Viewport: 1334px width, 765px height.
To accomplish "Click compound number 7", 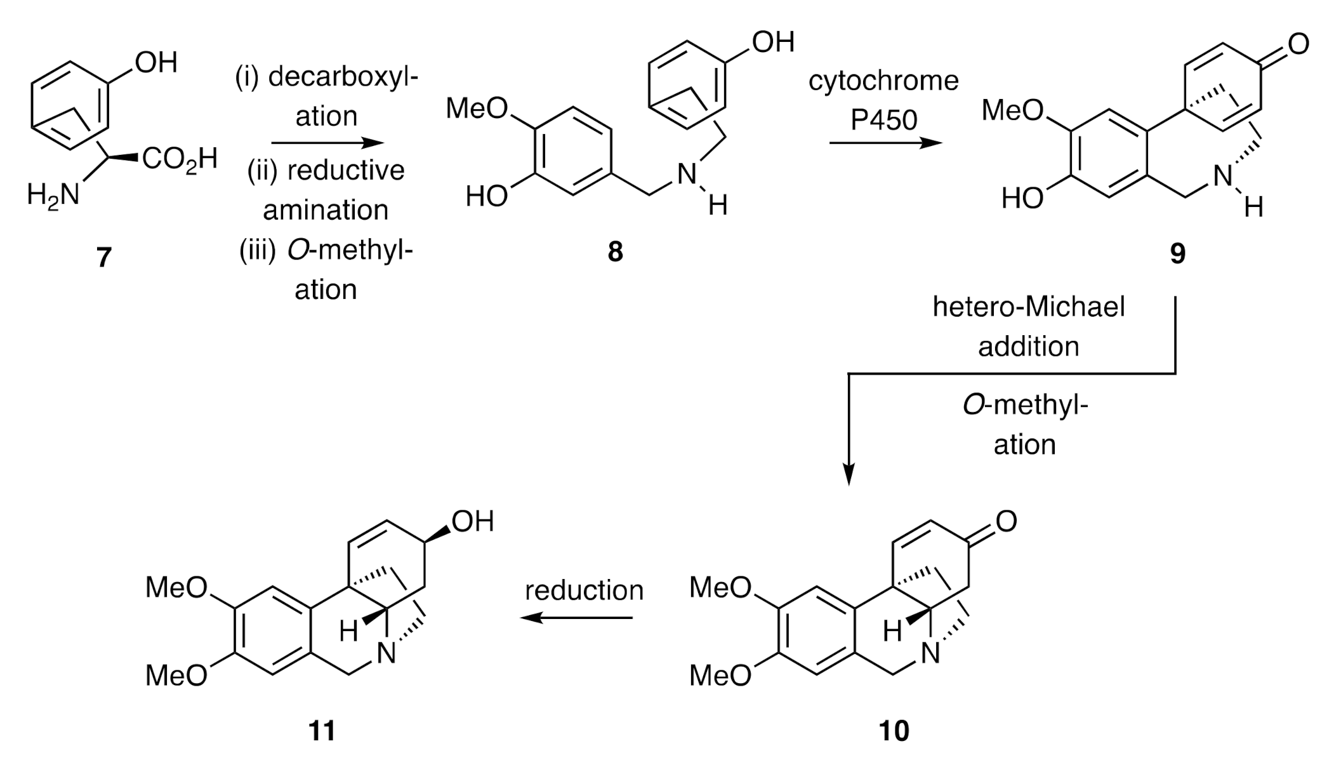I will click(103, 257).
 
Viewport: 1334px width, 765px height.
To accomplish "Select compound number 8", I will click(615, 252).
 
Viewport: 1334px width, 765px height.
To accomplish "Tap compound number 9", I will click(1177, 253).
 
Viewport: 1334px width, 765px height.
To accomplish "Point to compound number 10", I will click(894, 731).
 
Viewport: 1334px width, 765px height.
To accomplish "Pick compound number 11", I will click(322, 731).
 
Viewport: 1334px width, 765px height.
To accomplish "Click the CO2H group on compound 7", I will click(180, 159).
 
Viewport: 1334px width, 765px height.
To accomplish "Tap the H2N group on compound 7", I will click(53, 194).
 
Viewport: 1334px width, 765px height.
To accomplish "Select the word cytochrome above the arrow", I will click(883, 81).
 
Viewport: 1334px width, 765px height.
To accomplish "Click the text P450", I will click(884, 119).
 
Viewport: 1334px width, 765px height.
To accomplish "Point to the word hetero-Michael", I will click(1028, 307).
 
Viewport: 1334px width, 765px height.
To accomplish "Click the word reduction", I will click(584, 590).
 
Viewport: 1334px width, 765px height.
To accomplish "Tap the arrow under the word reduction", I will click(576, 617).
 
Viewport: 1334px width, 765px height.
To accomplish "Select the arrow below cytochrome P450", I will click(885, 143).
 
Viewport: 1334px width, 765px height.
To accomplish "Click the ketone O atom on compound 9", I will click(1298, 44).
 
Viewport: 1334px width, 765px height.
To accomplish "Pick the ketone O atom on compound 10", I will click(1007, 521).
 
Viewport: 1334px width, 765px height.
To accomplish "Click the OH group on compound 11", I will click(473, 522).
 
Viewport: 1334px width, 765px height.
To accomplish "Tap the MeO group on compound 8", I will click(477, 109).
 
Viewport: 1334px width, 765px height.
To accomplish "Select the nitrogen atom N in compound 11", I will click(386, 653).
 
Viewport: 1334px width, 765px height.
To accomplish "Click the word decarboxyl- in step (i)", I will click(343, 77).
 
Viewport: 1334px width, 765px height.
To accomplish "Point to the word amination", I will click(326, 210).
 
